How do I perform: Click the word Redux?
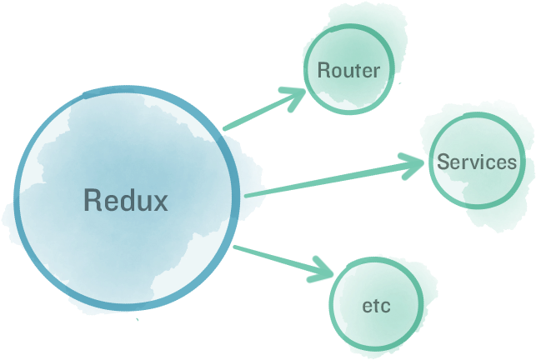pyautogui.click(x=126, y=200)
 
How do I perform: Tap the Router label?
pyautogui.click(x=348, y=70)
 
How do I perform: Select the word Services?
pyautogui.click(x=477, y=162)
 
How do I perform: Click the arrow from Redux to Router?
pyautogui.click(x=263, y=111)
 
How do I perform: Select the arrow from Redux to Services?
pyautogui.click(x=333, y=177)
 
